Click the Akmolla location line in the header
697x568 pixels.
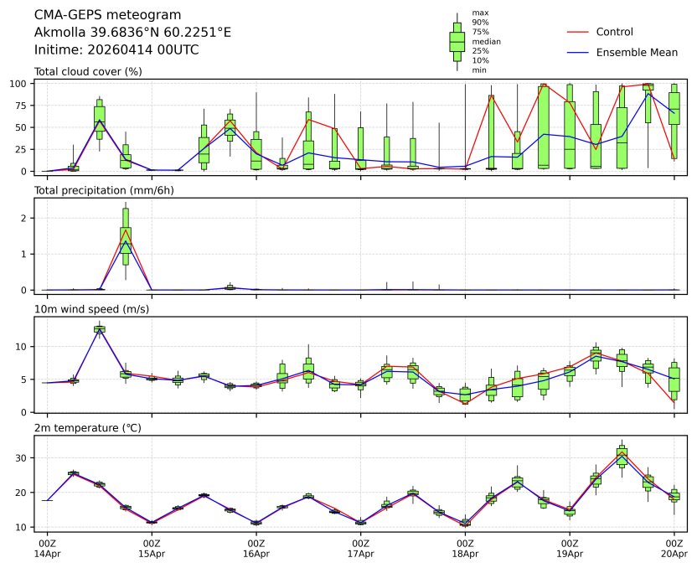point(132,33)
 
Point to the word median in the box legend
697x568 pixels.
point(486,41)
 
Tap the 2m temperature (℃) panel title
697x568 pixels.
point(86,428)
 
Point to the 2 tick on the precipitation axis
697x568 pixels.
point(26,218)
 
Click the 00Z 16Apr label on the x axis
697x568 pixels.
point(256,550)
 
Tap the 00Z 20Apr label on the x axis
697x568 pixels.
point(674,550)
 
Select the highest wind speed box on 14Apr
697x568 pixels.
point(100,329)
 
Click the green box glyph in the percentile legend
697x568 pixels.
point(457,41)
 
